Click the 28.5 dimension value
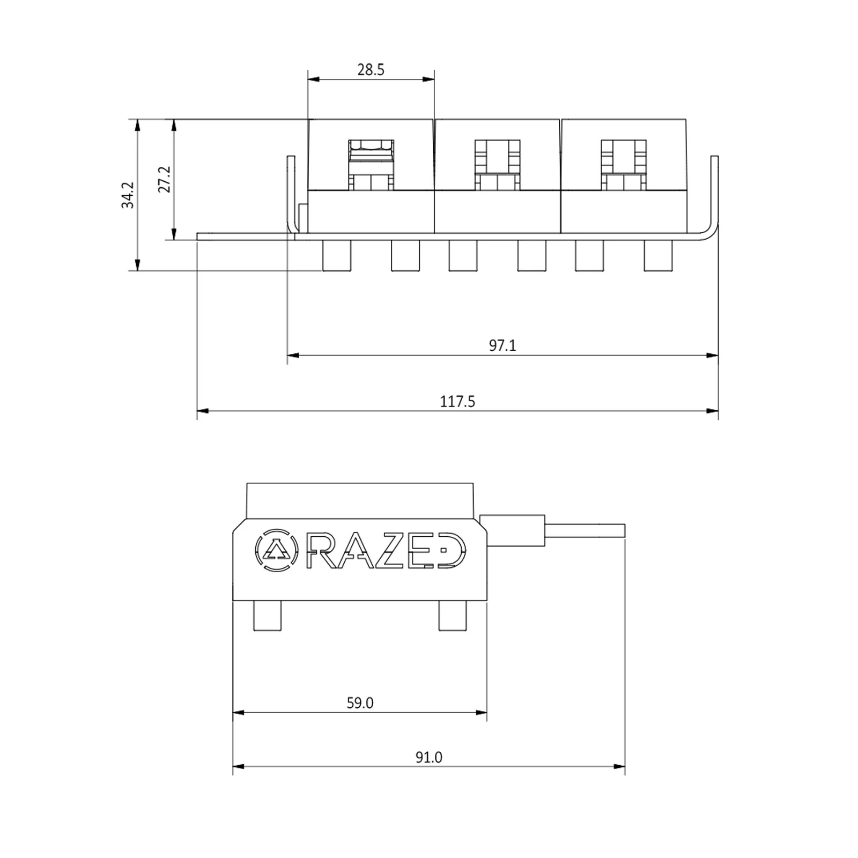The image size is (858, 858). [x=371, y=70]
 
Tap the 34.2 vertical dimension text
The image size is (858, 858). [x=128, y=195]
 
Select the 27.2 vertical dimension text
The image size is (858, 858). [x=164, y=179]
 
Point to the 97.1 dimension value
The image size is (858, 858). [x=502, y=345]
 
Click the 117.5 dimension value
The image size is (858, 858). [x=457, y=402]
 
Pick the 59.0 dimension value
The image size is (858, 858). [x=359, y=703]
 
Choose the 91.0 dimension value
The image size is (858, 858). [x=428, y=757]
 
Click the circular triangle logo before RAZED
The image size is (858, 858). [x=276, y=550]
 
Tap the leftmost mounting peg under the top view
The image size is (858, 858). [x=337, y=255]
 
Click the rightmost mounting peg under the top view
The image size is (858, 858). [x=658, y=255]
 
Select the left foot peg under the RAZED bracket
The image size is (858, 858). [x=267, y=616]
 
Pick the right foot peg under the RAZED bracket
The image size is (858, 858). [x=453, y=616]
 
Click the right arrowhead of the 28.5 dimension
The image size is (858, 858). [x=429, y=79]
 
